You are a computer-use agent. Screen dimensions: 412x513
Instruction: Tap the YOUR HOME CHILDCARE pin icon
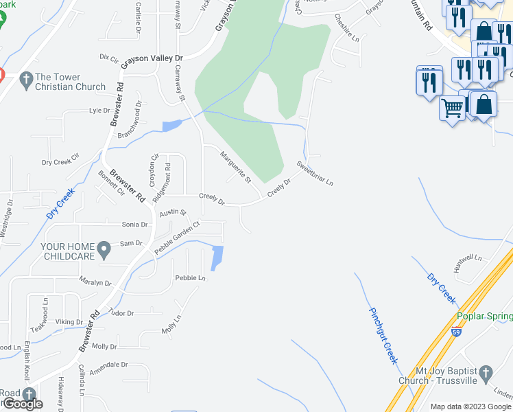[104, 249]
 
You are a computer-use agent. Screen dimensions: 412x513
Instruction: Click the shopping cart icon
[451, 108]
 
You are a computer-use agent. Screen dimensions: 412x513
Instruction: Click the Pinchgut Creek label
[383, 335]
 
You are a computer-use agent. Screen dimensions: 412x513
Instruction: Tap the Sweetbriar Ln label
[315, 174]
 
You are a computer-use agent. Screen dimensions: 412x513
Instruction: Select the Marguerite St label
[236, 167]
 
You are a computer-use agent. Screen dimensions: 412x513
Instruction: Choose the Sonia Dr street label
[134, 225]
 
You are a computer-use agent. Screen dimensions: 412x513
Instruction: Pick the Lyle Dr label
[99, 110]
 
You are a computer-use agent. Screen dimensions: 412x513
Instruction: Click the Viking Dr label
[69, 321]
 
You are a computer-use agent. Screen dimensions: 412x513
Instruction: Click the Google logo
[23, 404]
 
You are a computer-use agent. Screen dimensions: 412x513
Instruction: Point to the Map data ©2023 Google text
[470, 407]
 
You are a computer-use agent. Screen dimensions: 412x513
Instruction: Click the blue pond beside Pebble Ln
[217, 258]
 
